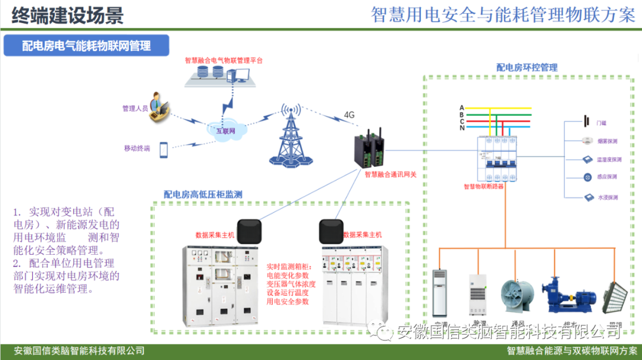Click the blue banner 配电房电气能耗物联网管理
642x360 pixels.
point(86,46)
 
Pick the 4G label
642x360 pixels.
point(349,115)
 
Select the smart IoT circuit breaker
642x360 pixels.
point(497,157)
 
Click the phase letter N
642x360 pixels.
point(462,128)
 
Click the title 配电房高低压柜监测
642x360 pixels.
point(203,194)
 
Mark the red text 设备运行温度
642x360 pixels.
point(288,293)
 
